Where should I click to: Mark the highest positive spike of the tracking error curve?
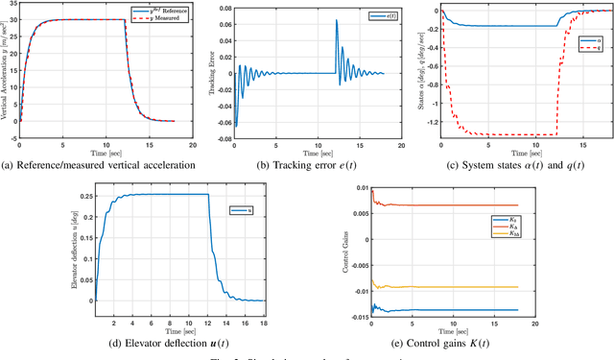coord(336,20)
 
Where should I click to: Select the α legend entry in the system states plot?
coord(595,39)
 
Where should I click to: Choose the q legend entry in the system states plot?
coord(595,47)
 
